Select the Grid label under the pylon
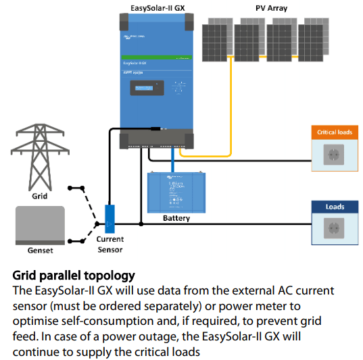click(40, 197)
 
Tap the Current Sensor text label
click(110, 245)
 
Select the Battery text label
click(176, 218)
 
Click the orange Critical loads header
click(335, 132)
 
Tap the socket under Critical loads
click(335, 156)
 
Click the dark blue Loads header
click(335, 207)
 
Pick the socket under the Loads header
click(335, 231)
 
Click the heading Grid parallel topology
click(74, 276)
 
